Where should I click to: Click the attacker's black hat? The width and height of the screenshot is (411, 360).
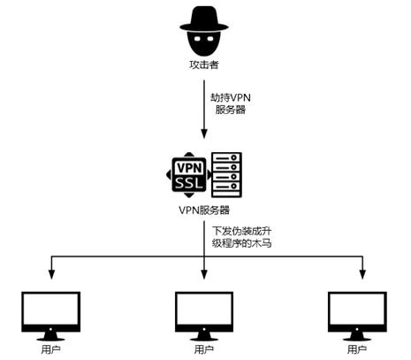[204, 16]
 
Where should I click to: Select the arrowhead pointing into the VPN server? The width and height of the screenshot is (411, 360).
[204, 134]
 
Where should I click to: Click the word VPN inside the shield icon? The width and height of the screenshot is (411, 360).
[189, 166]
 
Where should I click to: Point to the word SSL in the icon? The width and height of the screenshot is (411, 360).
[189, 182]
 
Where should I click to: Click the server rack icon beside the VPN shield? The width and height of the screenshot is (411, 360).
[225, 174]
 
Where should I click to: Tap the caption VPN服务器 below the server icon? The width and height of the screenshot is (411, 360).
[203, 211]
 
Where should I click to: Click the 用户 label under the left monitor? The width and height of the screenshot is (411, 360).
[50, 349]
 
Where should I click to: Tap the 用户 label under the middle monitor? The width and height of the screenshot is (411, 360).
[204, 349]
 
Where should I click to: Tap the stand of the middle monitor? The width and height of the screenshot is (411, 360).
[204, 335]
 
